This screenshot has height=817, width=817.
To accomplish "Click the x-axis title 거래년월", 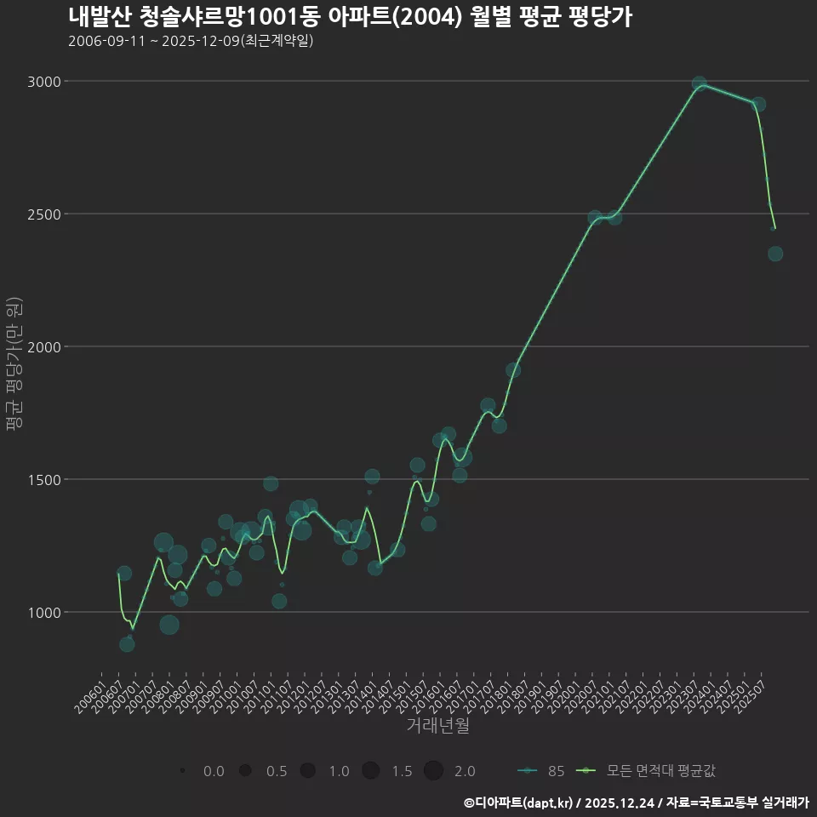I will pos(437,726).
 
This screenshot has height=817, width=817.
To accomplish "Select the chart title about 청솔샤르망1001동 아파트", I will pos(350,16).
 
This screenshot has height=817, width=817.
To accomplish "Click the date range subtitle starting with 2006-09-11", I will pos(191,41).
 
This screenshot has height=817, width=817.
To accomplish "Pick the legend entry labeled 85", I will pos(541,771).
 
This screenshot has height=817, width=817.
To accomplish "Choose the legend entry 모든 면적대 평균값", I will pos(647,771).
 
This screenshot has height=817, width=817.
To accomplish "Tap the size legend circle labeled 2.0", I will pos(433,771).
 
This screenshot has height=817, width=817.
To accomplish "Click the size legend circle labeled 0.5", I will pos(245,771).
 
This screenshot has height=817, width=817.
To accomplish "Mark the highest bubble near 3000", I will pos(700,83).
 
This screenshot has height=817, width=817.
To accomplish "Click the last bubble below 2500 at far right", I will pos(775,254).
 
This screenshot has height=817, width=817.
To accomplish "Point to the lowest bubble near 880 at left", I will pos(127,644).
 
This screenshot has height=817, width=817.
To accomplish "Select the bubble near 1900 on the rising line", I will pos(513,369).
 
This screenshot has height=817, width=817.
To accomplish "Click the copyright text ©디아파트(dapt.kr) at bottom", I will pos(520,803).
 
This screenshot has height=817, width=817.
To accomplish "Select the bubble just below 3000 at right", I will pos(758,104).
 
